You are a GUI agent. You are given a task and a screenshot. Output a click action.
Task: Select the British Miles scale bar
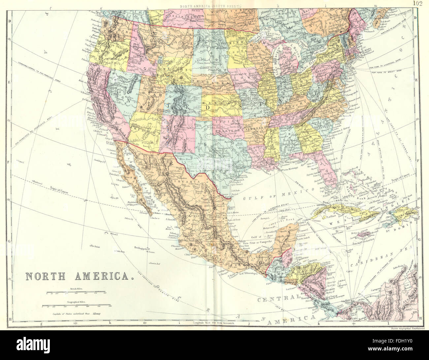coord(76,292)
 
